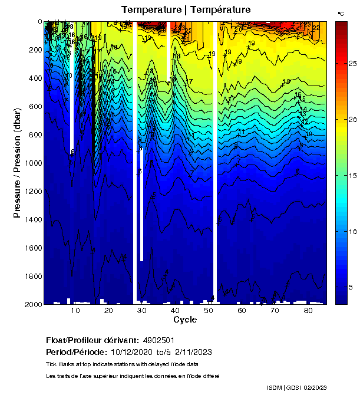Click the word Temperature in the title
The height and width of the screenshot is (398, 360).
(x=150, y=9)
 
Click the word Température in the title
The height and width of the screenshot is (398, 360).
(x=220, y=9)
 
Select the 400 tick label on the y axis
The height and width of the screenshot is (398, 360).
(x=34, y=78)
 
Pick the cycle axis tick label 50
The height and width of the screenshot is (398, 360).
(x=208, y=311)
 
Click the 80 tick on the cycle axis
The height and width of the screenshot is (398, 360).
(x=308, y=311)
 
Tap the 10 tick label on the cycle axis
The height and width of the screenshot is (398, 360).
(x=75, y=311)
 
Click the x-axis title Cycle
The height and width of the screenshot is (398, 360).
(x=185, y=320)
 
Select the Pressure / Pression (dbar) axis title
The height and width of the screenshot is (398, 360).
(x=17, y=162)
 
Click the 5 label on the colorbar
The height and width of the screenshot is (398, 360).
(x=351, y=287)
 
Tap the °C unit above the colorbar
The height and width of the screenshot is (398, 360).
(x=341, y=13)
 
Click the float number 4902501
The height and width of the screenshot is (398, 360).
(x=160, y=341)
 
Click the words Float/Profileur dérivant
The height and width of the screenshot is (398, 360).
(x=92, y=341)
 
